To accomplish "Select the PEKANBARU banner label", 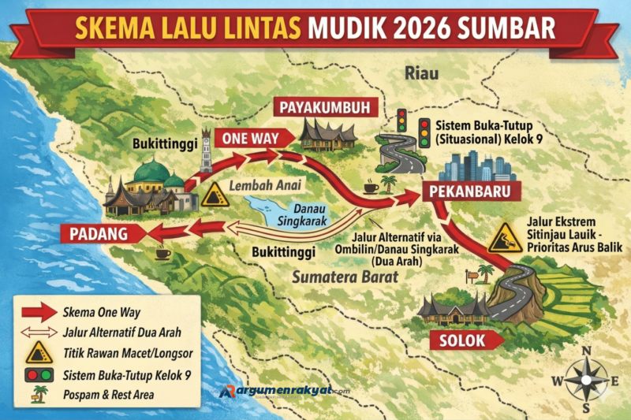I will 463,191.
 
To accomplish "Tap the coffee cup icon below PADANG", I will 163,254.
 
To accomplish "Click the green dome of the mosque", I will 151,171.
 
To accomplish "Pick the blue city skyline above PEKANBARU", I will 478,165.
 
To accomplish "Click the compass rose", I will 585,379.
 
